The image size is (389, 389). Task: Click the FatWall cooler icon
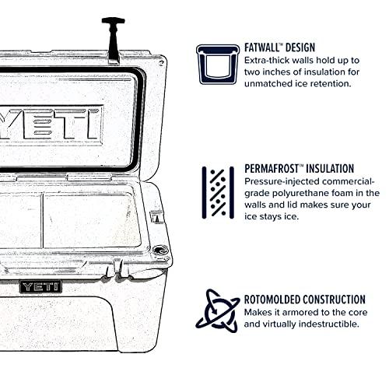217,62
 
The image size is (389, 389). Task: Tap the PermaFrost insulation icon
217,191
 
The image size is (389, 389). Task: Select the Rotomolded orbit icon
217,310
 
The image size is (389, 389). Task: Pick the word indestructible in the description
332,324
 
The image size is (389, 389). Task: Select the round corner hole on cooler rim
160,251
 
